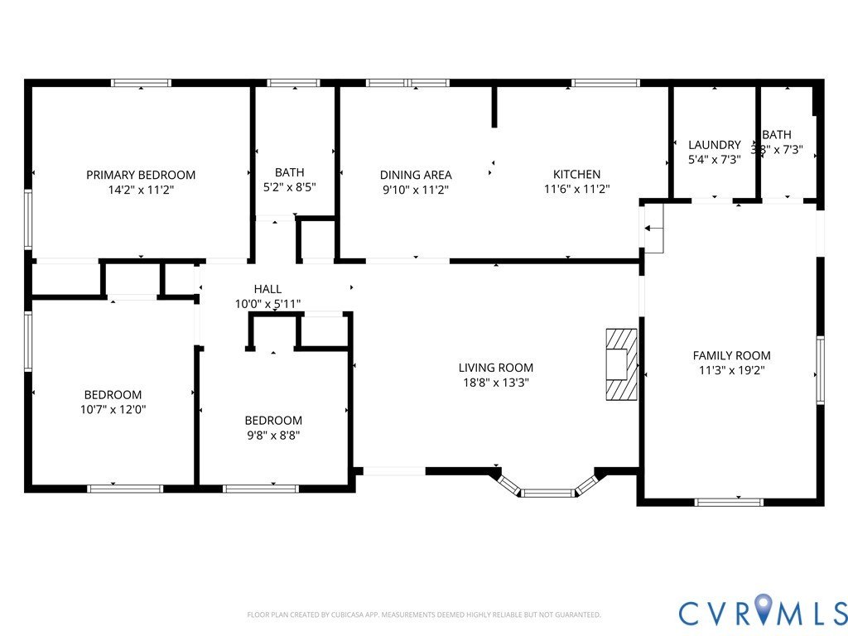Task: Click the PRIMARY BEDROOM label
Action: click(x=141, y=175)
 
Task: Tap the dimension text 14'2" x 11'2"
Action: click(x=141, y=190)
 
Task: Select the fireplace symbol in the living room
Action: click(x=621, y=364)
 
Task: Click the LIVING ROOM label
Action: click(x=496, y=368)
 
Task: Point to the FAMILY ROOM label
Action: click(x=731, y=355)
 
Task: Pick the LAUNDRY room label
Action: click(x=714, y=145)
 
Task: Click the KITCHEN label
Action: click(x=576, y=175)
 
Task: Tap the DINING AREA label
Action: click(x=416, y=175)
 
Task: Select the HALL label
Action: click(x=267, y=289)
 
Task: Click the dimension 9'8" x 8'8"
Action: click(x=272, y=436)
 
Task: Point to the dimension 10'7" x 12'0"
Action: click(x=113, y=410)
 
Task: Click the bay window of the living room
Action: click(x=547, y=491)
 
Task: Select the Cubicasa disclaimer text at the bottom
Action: click(x=424, y=615)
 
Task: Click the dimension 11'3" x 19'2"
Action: click(x=731, y=370)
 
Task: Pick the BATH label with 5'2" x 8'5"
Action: click(x=289, y=172)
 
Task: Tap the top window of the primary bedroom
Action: click(x=141, y=83)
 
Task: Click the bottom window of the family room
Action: click(x=729, y=501)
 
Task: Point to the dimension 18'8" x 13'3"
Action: click(x=496, y=383)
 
